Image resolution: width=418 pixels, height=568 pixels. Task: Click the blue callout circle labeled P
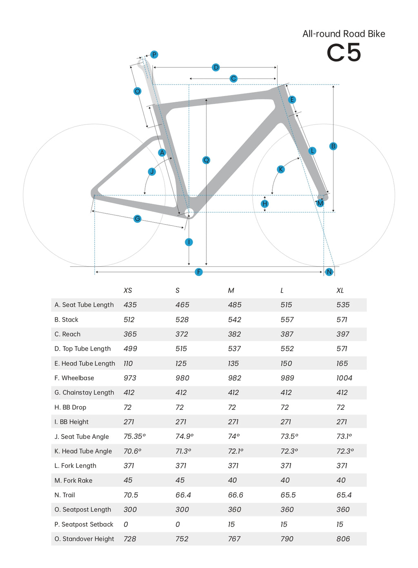click(x=154, y=55)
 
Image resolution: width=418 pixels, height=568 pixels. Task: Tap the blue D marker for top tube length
click(x=216, y=67)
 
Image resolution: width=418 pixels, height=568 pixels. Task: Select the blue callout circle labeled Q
click(x=206, y=160)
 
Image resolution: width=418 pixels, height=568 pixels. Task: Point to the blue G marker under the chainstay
click(x=137, y=219)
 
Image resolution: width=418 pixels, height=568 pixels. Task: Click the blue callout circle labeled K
click(x=280, y=169)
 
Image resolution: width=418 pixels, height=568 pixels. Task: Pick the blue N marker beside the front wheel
click(x=329, y=272)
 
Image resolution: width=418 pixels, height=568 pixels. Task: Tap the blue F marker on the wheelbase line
click(x=199, y=272)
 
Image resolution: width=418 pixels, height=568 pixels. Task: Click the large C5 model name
click(x=344, y=53)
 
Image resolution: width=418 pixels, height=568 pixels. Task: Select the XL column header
click(x=340, y=291)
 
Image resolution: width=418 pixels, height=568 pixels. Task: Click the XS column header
click(x=128, y=291)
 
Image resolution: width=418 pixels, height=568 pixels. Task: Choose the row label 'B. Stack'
click(x=66, y=320)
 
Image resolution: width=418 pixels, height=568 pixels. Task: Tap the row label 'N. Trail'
click(x=64, y=495)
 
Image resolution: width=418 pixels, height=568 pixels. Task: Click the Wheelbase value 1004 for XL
click(x=344, y=378)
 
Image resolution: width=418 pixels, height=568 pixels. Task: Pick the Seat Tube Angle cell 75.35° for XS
click(x=134, y=436)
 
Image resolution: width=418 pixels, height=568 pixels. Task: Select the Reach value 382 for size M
click(x=234, y=334)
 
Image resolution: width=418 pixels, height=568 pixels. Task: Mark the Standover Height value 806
click(x=343, y=539)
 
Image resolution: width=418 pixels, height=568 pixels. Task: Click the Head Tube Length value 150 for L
click(x=286, y=363)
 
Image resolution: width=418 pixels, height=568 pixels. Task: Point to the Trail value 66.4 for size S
click(x=183, y=495)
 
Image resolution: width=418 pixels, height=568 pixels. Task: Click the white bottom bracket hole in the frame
click(x=189, y=212)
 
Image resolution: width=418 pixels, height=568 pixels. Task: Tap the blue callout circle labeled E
click(x=291, y=100)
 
